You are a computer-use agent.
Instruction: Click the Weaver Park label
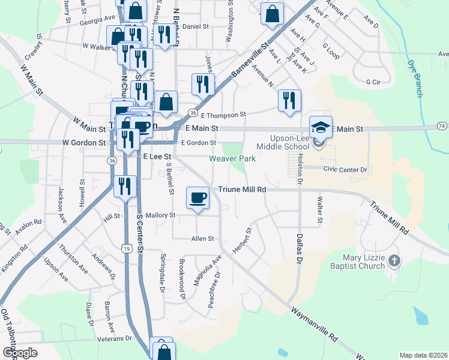[232, 158]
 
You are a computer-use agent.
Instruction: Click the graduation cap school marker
[321, 127]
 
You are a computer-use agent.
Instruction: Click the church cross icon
[394, 260]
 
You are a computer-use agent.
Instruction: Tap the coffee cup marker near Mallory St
[197, 198]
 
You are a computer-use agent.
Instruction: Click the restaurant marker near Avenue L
[289, 101]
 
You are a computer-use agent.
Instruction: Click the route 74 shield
[442, 126]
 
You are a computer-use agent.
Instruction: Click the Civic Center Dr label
[345, 170]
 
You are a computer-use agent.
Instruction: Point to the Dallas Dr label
[299, 248]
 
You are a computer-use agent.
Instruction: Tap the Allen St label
[202, 239]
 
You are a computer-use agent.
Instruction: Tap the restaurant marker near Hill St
[124, 186]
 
